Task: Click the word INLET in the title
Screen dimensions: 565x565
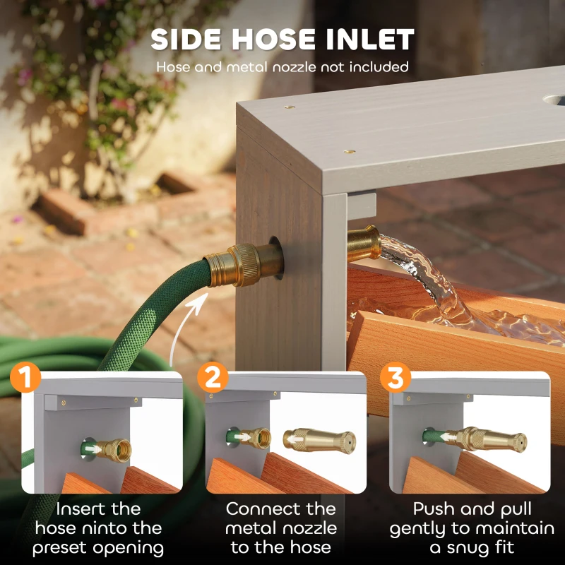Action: tap(370, 40)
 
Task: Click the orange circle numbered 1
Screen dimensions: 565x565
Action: tap(25, 377)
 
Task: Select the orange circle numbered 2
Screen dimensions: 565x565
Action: tap(213, 377)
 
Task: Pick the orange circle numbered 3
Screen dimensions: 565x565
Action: tap(395, 377)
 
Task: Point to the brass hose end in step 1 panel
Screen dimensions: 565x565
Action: tap(114, 450)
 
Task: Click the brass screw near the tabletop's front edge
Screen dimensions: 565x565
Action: tap(348, 152)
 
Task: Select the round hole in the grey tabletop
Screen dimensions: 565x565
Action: tap(554, 100)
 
